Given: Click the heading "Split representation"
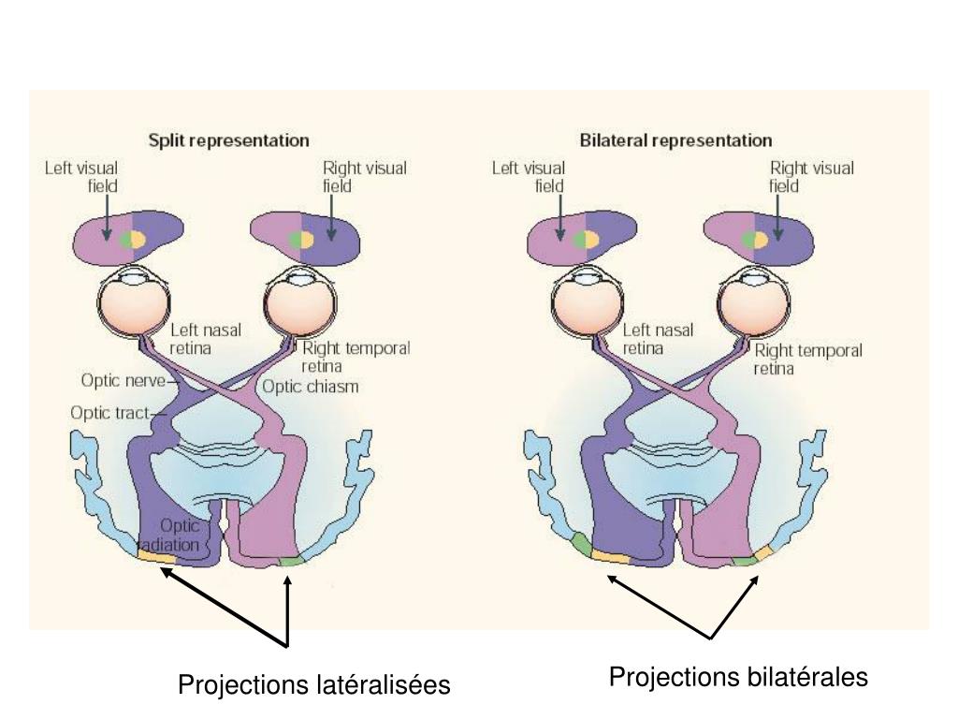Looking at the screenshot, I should [x=228, y=141].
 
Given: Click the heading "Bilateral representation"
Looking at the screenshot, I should [x=675, y=141].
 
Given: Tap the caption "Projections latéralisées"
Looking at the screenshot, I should [x=314, y=685].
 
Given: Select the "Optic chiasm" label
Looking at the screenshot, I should [x=310, y=387].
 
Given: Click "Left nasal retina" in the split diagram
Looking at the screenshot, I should [x=205, y=339].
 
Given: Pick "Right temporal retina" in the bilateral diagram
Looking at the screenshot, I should [x=807, y=359].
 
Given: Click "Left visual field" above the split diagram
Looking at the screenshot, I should [x=82, y=177].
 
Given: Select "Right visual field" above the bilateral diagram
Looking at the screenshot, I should [x=811, y=177].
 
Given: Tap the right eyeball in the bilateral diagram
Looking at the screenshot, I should [x=753, y=305].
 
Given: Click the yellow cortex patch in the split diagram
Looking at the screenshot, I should [x=157, y=558].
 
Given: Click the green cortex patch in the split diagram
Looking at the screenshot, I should [x=292, y=561].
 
